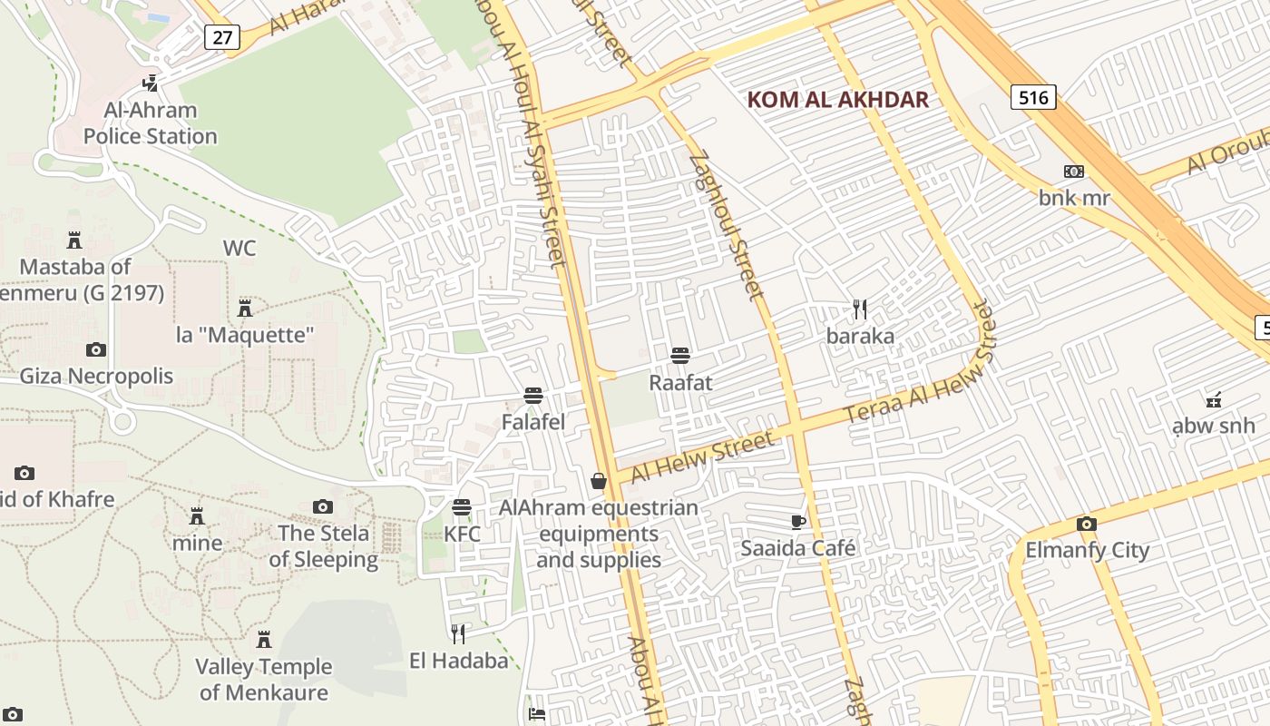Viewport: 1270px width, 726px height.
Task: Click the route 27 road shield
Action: point(221,37)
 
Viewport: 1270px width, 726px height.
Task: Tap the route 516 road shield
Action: point(1033,97)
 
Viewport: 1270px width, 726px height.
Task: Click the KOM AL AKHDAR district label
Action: point(837,100)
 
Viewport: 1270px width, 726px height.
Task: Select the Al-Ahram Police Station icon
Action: point(151,83)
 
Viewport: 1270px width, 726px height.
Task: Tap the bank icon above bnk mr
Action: point(1074,172)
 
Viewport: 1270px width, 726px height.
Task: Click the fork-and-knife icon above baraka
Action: point(860,309)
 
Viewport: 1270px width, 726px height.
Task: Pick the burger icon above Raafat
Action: point(680,356)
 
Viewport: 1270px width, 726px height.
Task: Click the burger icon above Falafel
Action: point(533,396)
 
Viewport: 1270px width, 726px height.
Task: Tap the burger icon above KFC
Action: point(462,507)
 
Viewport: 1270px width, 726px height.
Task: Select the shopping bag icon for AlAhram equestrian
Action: point(599,481)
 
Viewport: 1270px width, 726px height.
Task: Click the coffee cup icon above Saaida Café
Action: point(798,522)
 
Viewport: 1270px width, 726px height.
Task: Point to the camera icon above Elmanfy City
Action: point(1086,524)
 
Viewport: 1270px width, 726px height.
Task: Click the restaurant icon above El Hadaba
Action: point(459,633)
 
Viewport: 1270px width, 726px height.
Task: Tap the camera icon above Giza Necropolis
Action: point(95,349)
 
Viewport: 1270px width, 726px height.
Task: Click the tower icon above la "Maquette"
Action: point(244,308)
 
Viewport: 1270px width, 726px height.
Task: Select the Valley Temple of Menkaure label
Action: point(264,680)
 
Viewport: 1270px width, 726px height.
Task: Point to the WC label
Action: point(239,248)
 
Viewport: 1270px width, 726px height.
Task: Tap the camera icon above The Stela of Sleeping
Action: point(323,506)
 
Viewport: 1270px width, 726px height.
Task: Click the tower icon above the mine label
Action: point(197,516)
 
